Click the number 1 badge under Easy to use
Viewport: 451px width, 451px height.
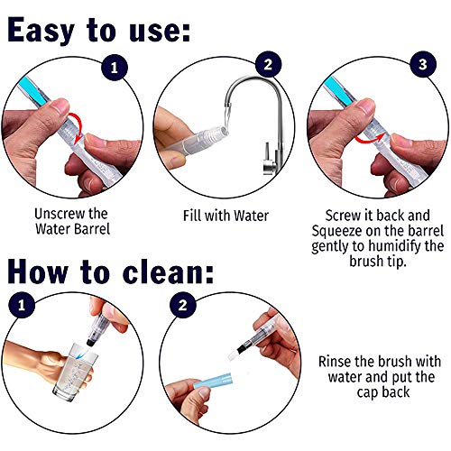(x=115, y=68)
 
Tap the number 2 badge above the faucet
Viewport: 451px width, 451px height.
(x=268, y=64)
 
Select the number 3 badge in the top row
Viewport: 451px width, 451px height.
(x=423, y=64)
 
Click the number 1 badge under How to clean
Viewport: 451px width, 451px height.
(x=22, y=305)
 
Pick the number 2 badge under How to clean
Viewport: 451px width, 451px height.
(x=182, y=305)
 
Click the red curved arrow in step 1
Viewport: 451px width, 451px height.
(x=79, y=126)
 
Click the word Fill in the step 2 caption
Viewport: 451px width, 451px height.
(x=192, y=216)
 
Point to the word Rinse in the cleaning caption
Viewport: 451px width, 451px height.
(x=334, y=361)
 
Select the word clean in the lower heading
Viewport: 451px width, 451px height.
(x=164, y=272)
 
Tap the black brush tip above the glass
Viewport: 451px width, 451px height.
(x=90, y=342)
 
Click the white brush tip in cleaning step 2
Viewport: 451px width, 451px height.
(x=233, y=354)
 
